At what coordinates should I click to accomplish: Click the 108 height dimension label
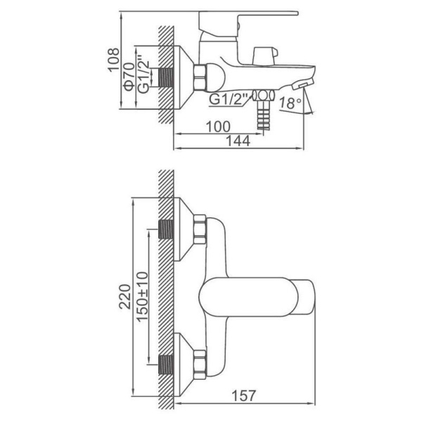[113, 60]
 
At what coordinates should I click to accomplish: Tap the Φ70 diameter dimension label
[129, 77]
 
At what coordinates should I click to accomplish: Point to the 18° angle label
[290, 103]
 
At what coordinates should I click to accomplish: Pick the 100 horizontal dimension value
[218, 127]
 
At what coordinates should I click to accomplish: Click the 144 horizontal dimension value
[238, 141]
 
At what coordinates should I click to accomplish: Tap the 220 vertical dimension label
[125, 296]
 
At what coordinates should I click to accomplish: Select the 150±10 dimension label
[142, 297]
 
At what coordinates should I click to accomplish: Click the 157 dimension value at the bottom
[243, 395]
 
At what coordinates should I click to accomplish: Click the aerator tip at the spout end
[302, 84]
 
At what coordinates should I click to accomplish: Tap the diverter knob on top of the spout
[265, 56]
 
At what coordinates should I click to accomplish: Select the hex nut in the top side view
[200, 77]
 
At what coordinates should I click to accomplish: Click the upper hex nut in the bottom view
[200, 230]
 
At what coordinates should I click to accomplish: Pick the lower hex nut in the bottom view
[200, 365]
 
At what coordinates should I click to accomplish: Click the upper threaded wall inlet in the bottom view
[165, 229]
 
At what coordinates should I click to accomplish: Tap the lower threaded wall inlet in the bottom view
[165, 364]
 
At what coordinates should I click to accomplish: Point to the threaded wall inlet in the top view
[165, 77]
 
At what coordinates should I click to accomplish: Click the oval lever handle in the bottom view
[248, 297]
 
